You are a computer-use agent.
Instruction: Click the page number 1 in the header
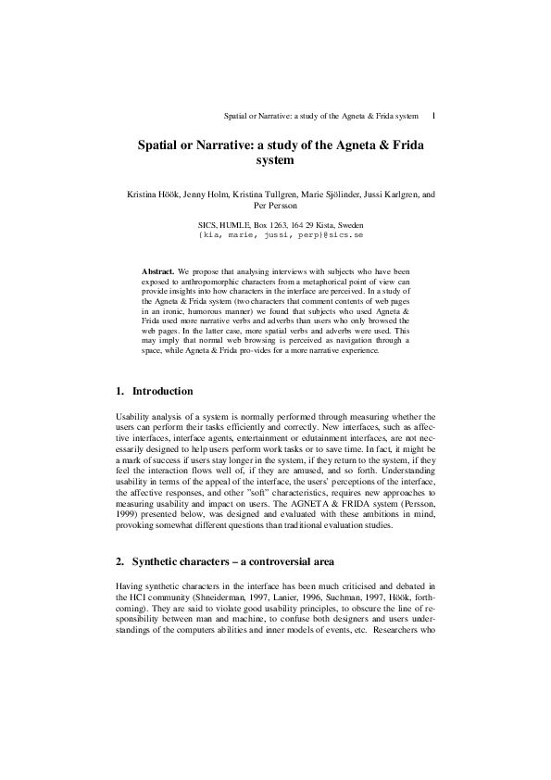(434, 117)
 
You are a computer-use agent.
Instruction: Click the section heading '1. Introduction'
(155, 391)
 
